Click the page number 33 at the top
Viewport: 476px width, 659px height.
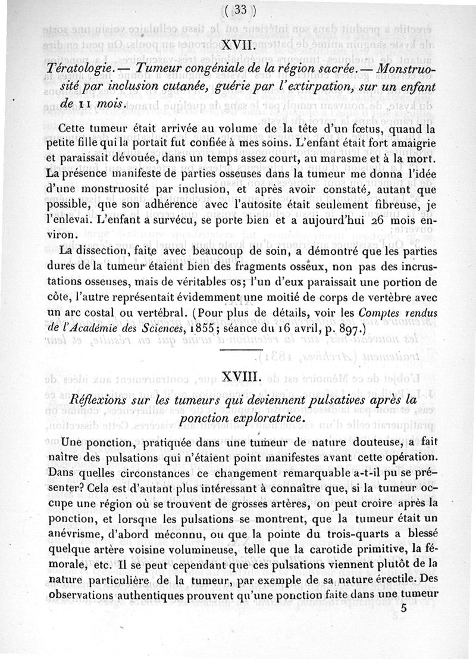(241, 10)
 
